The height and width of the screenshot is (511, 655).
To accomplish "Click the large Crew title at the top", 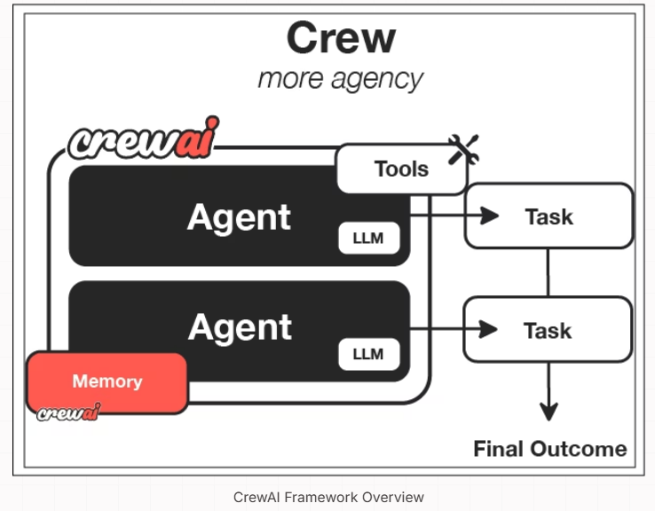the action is (x=341, y=38).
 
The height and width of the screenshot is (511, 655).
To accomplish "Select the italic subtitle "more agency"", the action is (x=341, y=79).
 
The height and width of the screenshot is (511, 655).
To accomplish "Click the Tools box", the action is (x=401, y=169).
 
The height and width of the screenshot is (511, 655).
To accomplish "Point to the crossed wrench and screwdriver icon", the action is (x=463, y=149).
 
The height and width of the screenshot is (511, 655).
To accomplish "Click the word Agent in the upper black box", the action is (x=239, y=217).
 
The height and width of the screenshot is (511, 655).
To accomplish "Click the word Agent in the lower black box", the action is (x=240, y=327).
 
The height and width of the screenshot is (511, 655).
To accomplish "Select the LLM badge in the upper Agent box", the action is (x=369, y=238).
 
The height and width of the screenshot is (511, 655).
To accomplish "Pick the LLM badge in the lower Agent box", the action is (x=369, y=355).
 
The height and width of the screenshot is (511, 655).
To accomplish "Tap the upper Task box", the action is (x=548, y=216).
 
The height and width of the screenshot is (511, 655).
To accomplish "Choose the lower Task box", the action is (x=548, y=329).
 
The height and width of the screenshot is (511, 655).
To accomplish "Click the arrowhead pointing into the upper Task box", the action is (x=489, y=216).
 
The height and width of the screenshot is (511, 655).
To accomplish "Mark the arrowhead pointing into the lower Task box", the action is (x=488, y=329).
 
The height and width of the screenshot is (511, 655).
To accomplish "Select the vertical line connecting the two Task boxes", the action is (x=548, y=272).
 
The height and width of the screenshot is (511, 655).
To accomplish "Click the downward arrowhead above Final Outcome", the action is (x=548, y=412).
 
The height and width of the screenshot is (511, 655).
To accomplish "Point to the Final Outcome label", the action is (x=550, y=449).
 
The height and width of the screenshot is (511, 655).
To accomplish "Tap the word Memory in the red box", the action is (x=107, y=381).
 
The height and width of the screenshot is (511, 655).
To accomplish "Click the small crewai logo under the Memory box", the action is (x=69, y=413).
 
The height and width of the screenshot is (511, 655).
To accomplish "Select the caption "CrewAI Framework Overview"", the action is (x=328, y=497).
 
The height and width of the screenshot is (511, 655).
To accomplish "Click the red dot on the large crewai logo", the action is (x=213, y=122).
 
